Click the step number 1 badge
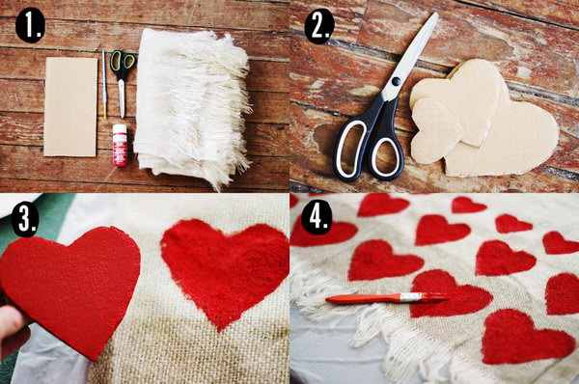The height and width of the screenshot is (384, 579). tap(30, 26)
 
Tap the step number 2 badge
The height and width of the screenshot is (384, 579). tap(319, 26)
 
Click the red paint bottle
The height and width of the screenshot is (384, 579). tap(120, 145)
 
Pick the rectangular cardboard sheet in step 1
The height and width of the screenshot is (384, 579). tap(70, 107)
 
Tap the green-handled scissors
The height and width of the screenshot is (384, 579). tap(122, 82)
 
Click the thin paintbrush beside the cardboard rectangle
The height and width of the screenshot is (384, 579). tap(104, 85)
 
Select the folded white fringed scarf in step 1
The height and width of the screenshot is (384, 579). tap(192, 107)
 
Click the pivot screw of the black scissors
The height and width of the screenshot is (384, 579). tap(396, 80)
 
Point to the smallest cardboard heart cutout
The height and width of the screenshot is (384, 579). tap(435, 129)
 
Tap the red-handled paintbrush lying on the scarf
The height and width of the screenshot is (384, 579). tap(388, 297)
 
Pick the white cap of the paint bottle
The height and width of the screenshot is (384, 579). tap(120, 129)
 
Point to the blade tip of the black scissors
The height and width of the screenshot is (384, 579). tap(436, 14)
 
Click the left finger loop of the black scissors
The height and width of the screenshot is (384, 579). tap(351, 150)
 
